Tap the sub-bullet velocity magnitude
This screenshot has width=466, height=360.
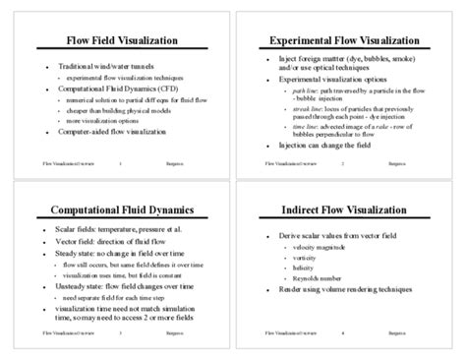pos(325,249)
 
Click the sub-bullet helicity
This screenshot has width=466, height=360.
pos(309,269)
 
